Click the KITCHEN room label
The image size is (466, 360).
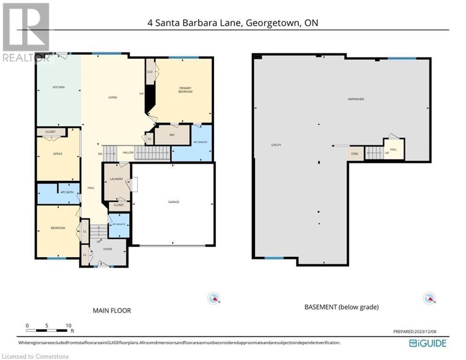point(59,88)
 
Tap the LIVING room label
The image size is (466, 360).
point(112,97)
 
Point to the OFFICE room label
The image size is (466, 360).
point(58,154)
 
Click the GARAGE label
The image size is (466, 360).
point(174,202)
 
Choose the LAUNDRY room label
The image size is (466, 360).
point(116,179)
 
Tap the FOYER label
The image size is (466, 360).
point(108,249)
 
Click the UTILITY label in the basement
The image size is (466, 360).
point(276,145)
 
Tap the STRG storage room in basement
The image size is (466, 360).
point(355,153)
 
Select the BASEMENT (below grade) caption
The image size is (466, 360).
point(341,307)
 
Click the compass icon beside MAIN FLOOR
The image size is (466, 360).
point(214,298)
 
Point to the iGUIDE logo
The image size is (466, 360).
point(428,343)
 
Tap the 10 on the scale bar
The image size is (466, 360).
point(68,325)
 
